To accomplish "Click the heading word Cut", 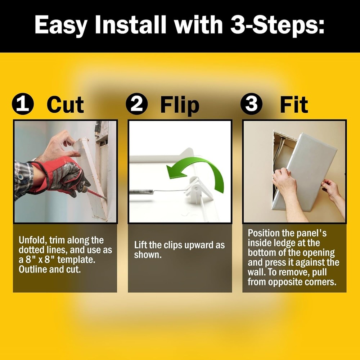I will (65, 105).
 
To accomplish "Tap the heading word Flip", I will (180, 105).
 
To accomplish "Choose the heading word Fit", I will (293, 105).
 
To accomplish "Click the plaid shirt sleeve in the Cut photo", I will (23, 178).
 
